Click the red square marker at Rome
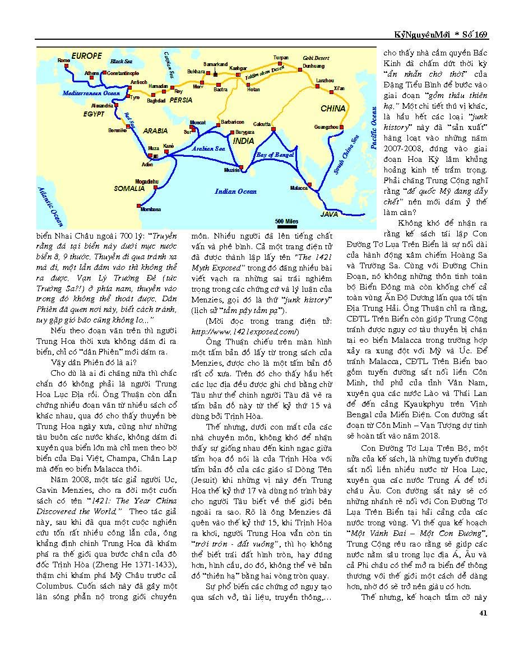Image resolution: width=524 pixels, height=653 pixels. point(66,66)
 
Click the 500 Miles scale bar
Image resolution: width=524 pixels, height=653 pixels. point(287,219)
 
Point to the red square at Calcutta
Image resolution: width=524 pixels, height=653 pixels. point(273,129)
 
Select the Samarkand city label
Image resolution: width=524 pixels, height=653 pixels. point(215,64)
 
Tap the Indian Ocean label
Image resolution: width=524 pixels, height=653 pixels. point(235,192)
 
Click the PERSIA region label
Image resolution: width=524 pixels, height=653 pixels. point(180,100)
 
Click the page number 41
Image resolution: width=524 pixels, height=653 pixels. point(484,612)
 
